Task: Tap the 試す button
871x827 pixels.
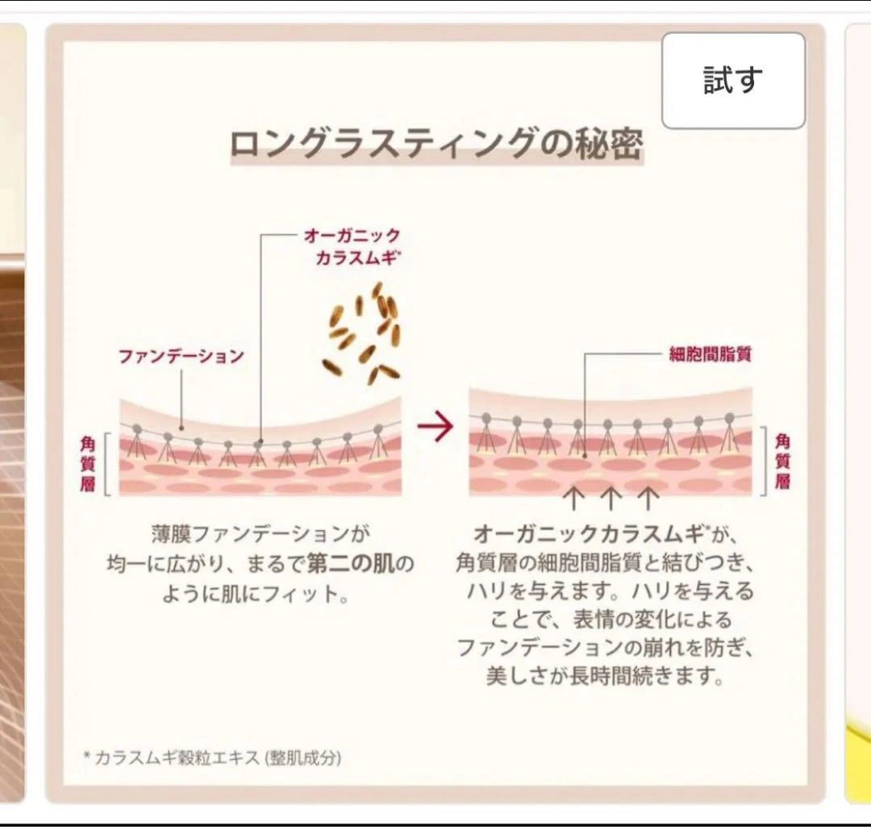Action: coord(733,81)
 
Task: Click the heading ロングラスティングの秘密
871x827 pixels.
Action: coord(436,145)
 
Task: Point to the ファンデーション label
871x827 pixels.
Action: coord(181,356)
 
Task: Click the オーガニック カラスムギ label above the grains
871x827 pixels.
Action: coord(352,246)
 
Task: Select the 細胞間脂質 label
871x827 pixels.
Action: coord(711,353)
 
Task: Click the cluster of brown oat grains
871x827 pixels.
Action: coord(364,332)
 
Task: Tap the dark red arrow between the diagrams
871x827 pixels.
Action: coord(435,428)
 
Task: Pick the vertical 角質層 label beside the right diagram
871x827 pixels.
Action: coord(782,461)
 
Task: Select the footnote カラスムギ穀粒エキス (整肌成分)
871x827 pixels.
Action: coord(217,758)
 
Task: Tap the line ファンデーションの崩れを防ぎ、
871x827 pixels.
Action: coord(609,648)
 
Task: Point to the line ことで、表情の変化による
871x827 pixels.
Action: coord(611,620)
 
